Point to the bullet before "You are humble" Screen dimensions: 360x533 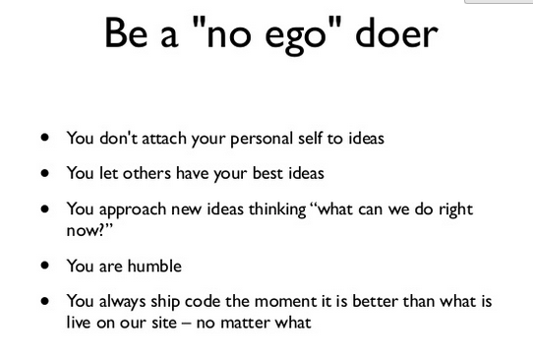45,266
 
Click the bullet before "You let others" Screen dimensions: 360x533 45,173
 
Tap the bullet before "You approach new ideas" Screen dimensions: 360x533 45,209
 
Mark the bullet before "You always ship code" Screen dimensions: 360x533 45,301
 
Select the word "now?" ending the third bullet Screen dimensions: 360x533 88,228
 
